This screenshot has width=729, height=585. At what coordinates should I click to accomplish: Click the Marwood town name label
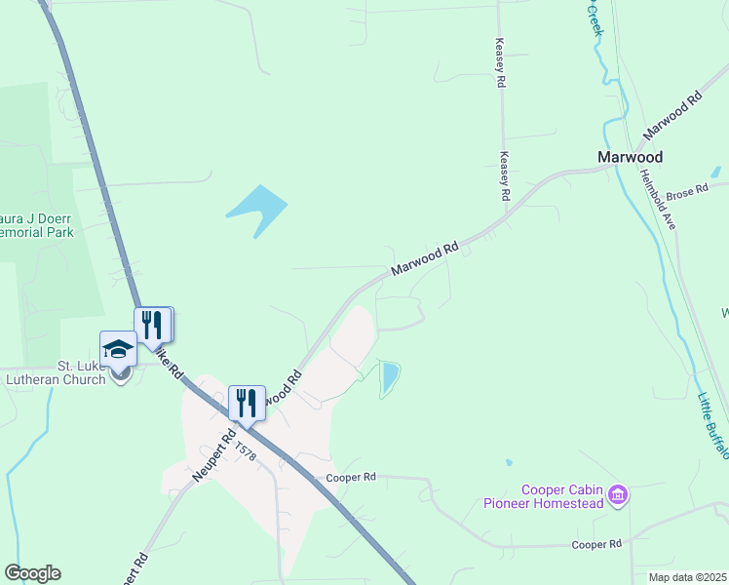point(630,157)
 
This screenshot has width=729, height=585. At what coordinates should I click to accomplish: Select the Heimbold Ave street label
point(660,200)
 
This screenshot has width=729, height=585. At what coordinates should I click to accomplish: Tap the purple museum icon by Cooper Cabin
point(616,496)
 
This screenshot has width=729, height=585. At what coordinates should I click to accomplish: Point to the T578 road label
point(246,450)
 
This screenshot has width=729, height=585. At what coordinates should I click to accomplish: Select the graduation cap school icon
point(119,350)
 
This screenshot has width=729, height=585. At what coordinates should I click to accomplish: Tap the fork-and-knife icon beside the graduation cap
point(151,324)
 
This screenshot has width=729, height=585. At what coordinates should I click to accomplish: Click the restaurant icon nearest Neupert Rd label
point(246,401)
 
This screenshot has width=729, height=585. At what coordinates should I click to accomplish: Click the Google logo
point(32,573)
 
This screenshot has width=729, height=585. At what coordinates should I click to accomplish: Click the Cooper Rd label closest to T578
point(351,478)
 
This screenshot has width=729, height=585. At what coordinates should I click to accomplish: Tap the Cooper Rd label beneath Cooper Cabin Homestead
point(596,544)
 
